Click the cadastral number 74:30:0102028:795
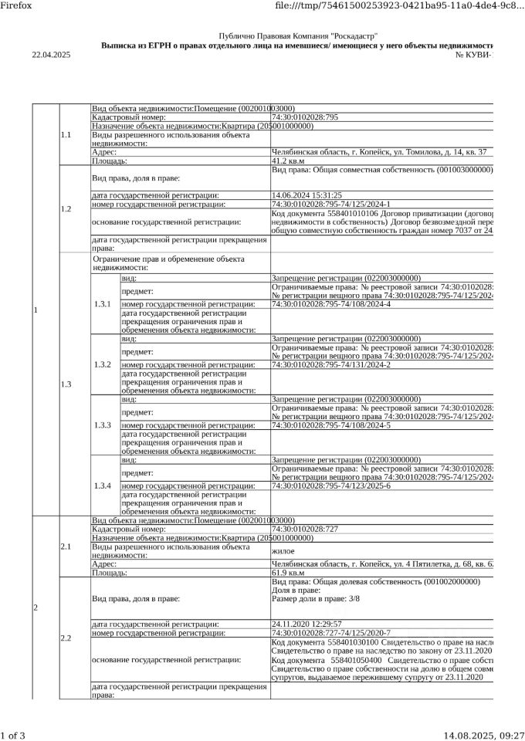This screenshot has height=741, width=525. coord(306,117)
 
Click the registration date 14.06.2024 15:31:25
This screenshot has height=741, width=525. coord(307,195)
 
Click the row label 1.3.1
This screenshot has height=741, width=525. coord(103,304)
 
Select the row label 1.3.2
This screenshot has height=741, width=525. coord(103,364)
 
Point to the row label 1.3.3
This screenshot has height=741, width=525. coord(103,425)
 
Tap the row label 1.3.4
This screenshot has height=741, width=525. coord(103,486)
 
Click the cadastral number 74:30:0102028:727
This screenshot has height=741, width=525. coord(306,530)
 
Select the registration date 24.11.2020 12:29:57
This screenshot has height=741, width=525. coord(307,624)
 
